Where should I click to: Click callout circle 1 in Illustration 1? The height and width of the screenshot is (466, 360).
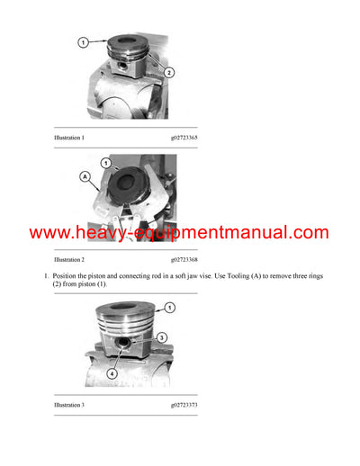click(83, 42)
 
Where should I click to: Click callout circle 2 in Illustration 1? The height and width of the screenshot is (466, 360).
click(169, 72)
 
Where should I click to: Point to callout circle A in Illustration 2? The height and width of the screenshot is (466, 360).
click(85, 178)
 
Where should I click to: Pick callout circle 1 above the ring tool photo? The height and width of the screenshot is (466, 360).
click(105, 163)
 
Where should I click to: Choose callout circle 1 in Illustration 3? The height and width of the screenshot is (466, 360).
click(170, 308)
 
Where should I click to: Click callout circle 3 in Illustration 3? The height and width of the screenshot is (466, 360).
click(162, 336)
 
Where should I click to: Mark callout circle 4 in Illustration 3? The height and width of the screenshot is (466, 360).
click(112, 372)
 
